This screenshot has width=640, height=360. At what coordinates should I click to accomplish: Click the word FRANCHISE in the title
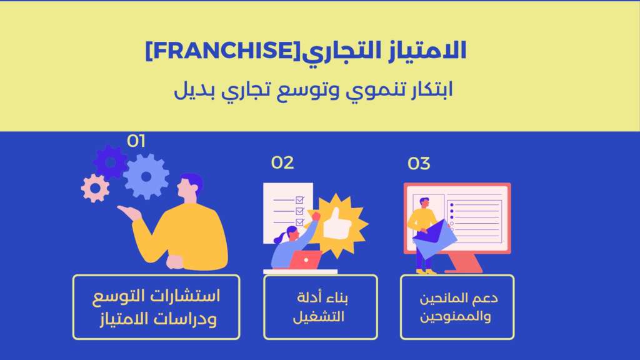coord(223,51)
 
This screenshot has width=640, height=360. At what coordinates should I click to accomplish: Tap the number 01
coord(136,141)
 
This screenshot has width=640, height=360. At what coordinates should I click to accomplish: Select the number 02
coord(282,163)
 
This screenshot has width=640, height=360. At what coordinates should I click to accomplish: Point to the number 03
coord(419,164)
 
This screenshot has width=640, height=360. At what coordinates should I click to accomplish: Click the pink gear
coord(95,188)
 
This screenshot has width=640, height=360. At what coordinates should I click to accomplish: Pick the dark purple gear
coord(110,162)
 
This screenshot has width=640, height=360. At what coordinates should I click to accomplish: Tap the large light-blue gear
coord(146,177)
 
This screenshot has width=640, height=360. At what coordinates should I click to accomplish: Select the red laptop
coord(305,259)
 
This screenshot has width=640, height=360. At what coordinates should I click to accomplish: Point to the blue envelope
coord(435,239)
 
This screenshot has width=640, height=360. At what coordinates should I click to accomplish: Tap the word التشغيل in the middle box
coord(319,317)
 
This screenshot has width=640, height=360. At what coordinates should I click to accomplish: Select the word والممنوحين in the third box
coord(456,316)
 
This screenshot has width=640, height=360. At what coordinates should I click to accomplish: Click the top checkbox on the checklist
coord(299,200)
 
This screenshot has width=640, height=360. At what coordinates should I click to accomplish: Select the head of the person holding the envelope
coord(424,202)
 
